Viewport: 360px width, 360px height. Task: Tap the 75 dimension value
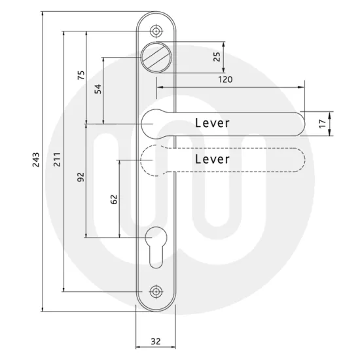click(x=81, y=75)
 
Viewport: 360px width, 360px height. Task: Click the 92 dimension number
click(x=81, y=177)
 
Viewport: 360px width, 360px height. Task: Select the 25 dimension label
click(x=217, y=57)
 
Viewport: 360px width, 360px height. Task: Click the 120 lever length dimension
click(x=225, y=79)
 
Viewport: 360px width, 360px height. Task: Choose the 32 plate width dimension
click(x=156, y=340)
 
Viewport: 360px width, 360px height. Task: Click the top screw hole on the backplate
click(x=156, y=31)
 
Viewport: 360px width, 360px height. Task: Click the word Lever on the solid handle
click(x=213, y=123)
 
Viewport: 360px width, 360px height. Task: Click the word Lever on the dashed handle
click(x=213, y=159)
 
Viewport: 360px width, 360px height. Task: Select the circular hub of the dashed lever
click(x=155, y=160)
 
